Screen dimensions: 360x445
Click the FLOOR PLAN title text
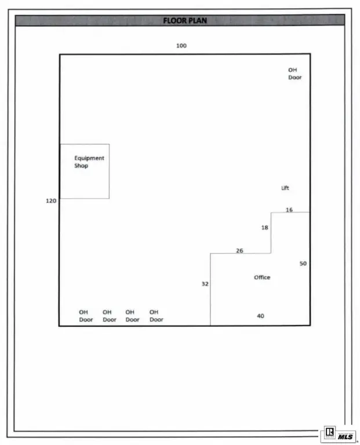pos(185,20)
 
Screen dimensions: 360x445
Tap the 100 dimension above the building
pos(181,46)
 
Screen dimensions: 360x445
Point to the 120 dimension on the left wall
pos(51,201)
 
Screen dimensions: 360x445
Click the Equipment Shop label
pos(89,162)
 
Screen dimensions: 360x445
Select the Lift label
pos(285,188)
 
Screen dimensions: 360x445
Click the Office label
pos(262,278)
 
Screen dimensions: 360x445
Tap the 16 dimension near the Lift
pos(289,210)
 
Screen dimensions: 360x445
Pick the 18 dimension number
pos(264,228)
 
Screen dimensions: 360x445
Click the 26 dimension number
pos(239,250)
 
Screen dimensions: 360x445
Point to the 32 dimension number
pos(205,284)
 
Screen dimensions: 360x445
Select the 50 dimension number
pos(303,264)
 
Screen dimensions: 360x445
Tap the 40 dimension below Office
pos(260,316)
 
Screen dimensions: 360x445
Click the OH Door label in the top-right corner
pos(294,74)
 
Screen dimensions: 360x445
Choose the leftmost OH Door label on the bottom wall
pos(86,316)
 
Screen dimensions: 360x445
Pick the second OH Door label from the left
pos(110,316)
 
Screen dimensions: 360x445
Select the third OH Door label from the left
pos(132,316)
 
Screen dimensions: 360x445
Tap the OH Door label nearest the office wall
pos(156,316)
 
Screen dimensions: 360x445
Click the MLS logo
pos(346,436)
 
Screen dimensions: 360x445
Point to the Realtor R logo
pos(330,432)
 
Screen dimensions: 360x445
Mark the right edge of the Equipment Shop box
pos(110,171)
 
